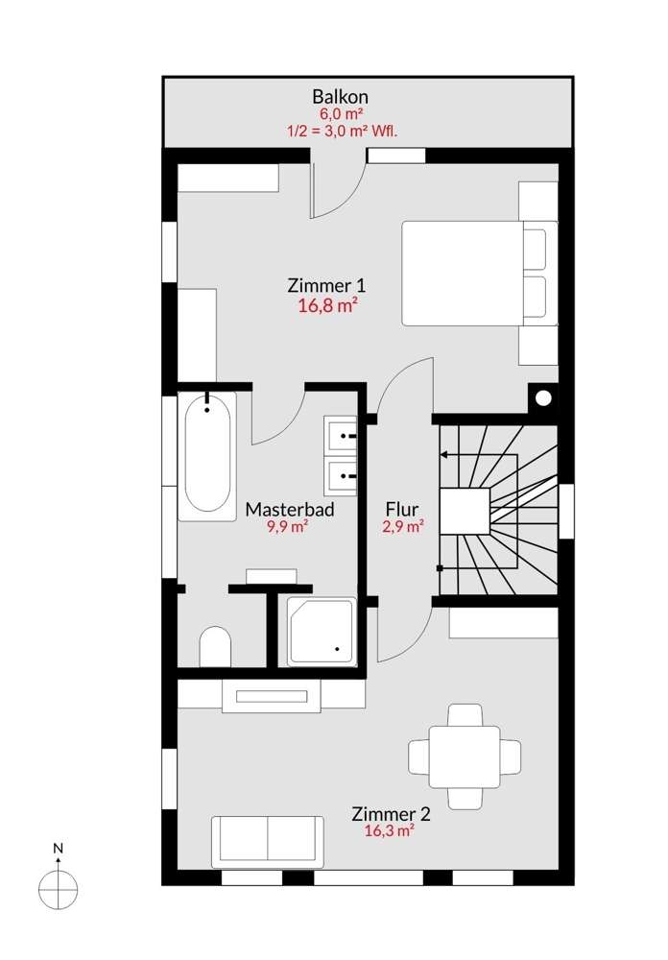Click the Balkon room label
(340, 96)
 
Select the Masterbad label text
(290, 509)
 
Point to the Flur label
(401, 509)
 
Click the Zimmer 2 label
(391, 814)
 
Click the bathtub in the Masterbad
(208, 454)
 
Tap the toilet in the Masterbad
(215, 647)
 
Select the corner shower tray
(322, 631)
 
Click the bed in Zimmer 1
(475, 274)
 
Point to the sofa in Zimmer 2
(268, 841)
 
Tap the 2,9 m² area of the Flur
(402, 526)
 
